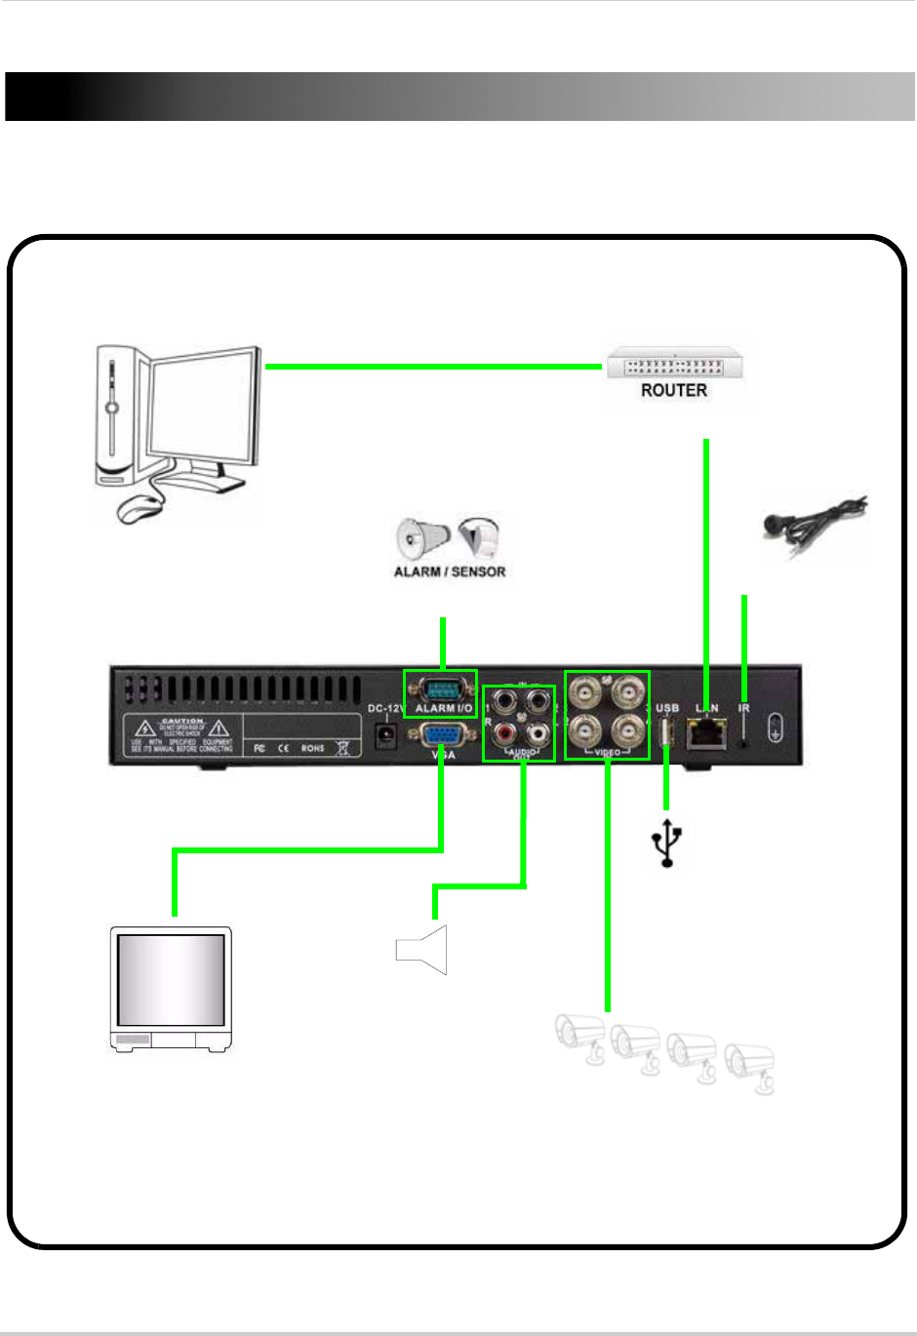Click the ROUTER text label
pyautogui.click(x=673, y=390)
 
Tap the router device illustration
pyautogui.click(x=674, y=365)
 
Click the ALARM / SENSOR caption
pyautogui.click(x=450, y=571)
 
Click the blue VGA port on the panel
pyautogui.click(x=442, y=734)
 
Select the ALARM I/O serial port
pyautogui.click(x=441, y=688)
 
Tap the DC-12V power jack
pyautogui.click(x=386, y=733)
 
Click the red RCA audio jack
pyautogui.click(x=505, y=732)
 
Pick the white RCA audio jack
pyautogui.click(x=536, y=732)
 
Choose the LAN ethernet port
pyautogui.click(x=706, y=731)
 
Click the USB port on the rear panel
pyautogui.click(x=667, y=730)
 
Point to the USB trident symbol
pyautogui.click(x=667, y=843)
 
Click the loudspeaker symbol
pyautogui.click(x=422, y=950)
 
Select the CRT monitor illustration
pyautogui.click(x=171, y=989)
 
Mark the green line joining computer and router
pyautogui.click(x=433, y=367)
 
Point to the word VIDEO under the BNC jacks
pyautogui.click(x=607, y=753)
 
